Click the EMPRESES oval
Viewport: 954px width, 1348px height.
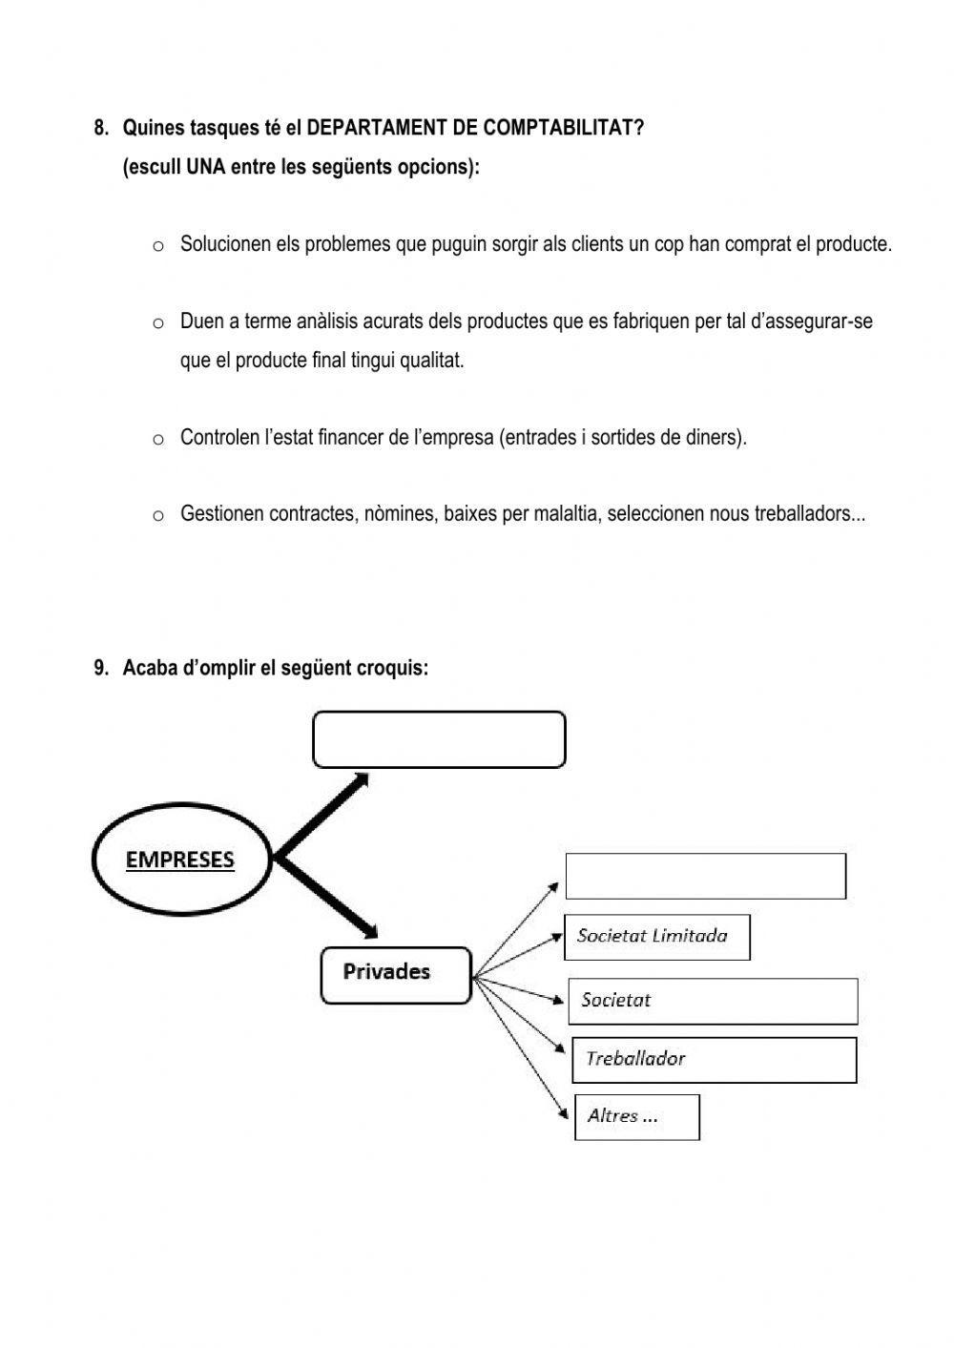(181, 860)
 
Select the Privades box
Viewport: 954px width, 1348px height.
(396, 975)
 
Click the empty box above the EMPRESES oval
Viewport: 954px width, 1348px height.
(439, 739)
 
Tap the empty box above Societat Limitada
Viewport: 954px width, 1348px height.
(705, 876)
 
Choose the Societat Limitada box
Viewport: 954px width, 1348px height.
(657, 937)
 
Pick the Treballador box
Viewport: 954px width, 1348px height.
(714, 1059)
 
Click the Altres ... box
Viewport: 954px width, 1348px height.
(636, 1116)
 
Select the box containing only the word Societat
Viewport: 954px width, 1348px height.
(713, 1001)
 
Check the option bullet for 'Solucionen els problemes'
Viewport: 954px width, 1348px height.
(158, 246)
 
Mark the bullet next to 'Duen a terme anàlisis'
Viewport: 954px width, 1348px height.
(158, 323)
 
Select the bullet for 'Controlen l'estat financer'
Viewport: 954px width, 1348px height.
(158, 440)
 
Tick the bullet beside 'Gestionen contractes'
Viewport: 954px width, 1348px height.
(158, 516)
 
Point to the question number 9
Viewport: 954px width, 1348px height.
(101, 668)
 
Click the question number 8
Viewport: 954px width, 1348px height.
(101, 128)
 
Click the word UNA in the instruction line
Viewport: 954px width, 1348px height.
(206, 167)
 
